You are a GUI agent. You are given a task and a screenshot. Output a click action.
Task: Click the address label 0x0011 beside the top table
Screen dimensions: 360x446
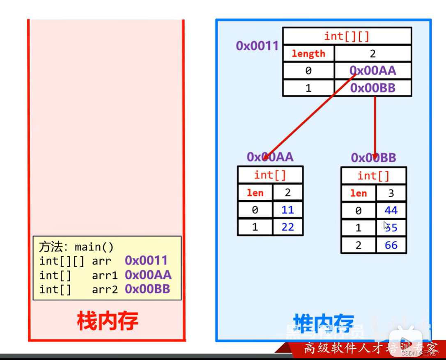(x=257, y=46)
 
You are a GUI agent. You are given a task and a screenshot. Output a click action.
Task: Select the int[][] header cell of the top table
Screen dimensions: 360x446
(x=347, y=36)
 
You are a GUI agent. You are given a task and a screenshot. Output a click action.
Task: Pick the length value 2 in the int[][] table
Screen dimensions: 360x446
(x=373, y=53)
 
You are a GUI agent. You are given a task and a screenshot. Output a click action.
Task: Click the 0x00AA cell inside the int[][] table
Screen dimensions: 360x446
(x=373, y=71)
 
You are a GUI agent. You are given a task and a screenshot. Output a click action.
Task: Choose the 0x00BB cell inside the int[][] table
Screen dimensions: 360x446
(x=373, y=88)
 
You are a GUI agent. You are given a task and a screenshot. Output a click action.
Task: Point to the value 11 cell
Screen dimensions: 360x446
(x=288, y=210)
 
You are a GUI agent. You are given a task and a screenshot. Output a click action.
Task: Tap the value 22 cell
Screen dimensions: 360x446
(x=288, y=227)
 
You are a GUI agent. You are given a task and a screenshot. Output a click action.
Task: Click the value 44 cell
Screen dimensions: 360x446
(x=391, y=210)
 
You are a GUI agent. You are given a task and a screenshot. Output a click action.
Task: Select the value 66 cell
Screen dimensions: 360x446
(x=391, y=245)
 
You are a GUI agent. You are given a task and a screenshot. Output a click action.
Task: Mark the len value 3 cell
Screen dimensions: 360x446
(x=391, y=193)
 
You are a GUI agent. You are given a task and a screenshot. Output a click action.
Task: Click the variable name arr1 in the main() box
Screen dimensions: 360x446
(x=105, y=275)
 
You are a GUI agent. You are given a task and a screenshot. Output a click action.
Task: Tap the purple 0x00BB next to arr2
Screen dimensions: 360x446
(x=147, y=289)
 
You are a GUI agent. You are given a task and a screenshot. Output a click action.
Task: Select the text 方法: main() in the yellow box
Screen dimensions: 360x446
(x=76, y=247)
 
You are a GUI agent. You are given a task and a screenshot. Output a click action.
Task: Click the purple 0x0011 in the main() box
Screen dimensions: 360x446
(x=146, y=261)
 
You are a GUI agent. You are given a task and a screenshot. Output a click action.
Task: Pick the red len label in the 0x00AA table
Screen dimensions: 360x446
(x=255, y=193)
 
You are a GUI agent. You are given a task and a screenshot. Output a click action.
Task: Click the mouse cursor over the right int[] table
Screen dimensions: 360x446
(x=386, y=225)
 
